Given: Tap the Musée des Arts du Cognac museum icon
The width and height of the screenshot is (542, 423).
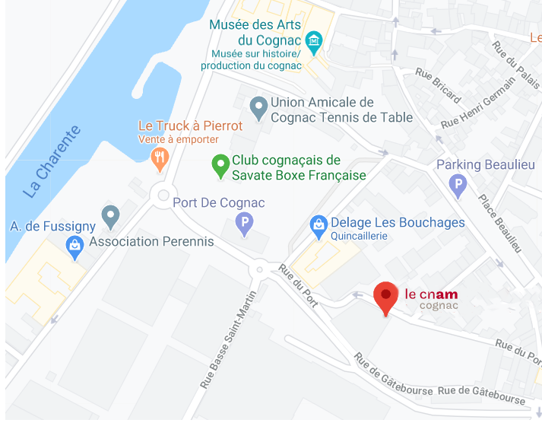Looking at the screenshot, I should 313,39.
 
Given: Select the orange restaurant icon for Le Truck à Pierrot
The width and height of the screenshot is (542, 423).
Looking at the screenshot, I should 159,157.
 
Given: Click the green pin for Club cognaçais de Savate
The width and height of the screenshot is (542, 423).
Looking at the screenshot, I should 220,164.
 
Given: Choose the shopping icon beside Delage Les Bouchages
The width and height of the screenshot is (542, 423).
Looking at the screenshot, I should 318,224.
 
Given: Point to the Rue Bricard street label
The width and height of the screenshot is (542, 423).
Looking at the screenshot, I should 438,86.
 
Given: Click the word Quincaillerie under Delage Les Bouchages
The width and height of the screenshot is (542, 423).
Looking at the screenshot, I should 359,236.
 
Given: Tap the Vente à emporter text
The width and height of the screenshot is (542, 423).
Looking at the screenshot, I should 178,139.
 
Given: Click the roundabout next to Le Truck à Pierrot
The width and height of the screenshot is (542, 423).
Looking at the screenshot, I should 162,196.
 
